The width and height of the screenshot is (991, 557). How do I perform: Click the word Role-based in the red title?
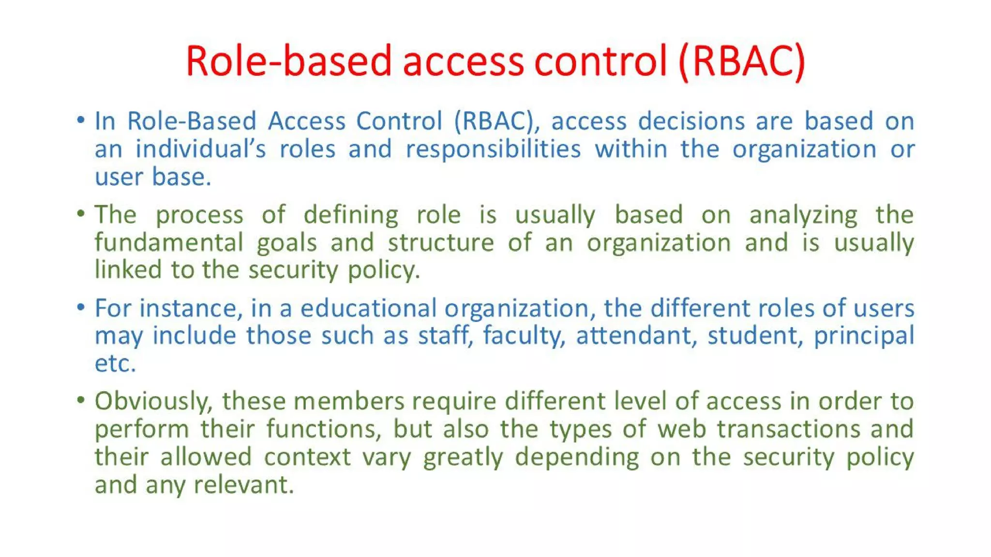click(x=288, y=61)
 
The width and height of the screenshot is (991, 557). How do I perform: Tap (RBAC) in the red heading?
click(x=742, y=61)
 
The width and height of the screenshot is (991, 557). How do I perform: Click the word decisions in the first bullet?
click(x=691, y=121)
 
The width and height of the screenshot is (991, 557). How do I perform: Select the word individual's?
click(x=200, y=149)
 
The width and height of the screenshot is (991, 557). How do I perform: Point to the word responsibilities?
click(x=493, y=149)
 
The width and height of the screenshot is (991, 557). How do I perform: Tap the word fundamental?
click(x=169, y=242)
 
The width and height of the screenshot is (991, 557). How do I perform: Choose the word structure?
click(x=440, y=242)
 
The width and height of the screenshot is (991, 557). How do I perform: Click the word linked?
click(x=128, y=270)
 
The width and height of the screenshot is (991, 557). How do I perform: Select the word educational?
click(x=368, y=308)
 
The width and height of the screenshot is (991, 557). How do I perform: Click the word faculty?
click(x=523, y=336)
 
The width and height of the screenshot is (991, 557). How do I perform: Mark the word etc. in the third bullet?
click(x=115, y=364)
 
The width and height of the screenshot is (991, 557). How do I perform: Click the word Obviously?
click(x=153, y=402)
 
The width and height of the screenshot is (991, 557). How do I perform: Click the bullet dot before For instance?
click(x=81, y=307)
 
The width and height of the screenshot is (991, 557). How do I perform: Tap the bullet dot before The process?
click(x=81, y=213)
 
